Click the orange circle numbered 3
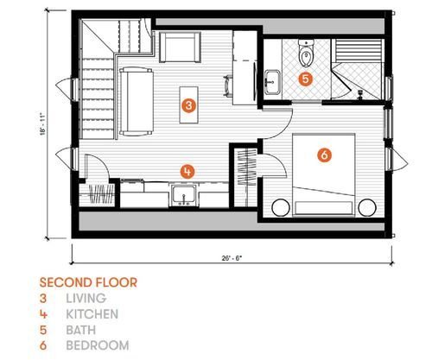point(188,105)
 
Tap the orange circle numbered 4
point(187,172)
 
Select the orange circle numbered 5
point(306,79)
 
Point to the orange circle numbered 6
point(324,155)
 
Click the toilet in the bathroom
point(306,53)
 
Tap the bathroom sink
point(272,82)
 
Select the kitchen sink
point(184,195)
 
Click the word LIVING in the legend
point(86,299)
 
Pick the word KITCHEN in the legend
point(92,314)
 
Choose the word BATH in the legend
point(81,330)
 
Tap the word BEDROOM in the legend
point(98,345)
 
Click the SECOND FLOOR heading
point(88,282)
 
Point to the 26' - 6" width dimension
point(232,258)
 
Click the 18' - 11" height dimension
point(43,124)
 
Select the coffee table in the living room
point(189,104)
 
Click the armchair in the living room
point(180,47)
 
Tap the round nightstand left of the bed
point(281,207)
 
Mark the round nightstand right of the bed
point(367,207)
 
